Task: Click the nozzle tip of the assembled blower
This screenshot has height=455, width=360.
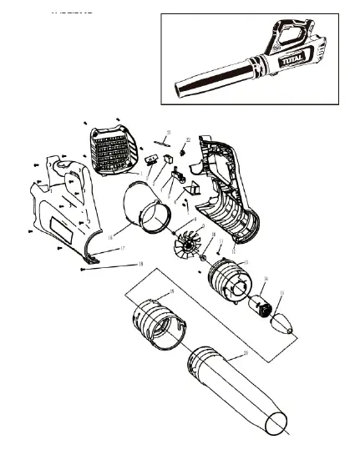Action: click(180, 89)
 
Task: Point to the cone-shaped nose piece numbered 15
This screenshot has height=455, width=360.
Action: click(284, 321)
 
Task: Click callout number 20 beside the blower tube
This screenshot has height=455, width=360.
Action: click(245, 353)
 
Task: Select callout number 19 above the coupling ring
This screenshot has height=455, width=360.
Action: click(171, 291)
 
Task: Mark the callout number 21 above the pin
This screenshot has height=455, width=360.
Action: click(168, 133)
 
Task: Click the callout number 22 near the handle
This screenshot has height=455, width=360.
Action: click(188, 139)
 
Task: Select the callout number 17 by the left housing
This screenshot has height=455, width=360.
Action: click(121, 249)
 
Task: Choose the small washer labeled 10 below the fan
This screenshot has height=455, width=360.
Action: click(202, 259)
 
